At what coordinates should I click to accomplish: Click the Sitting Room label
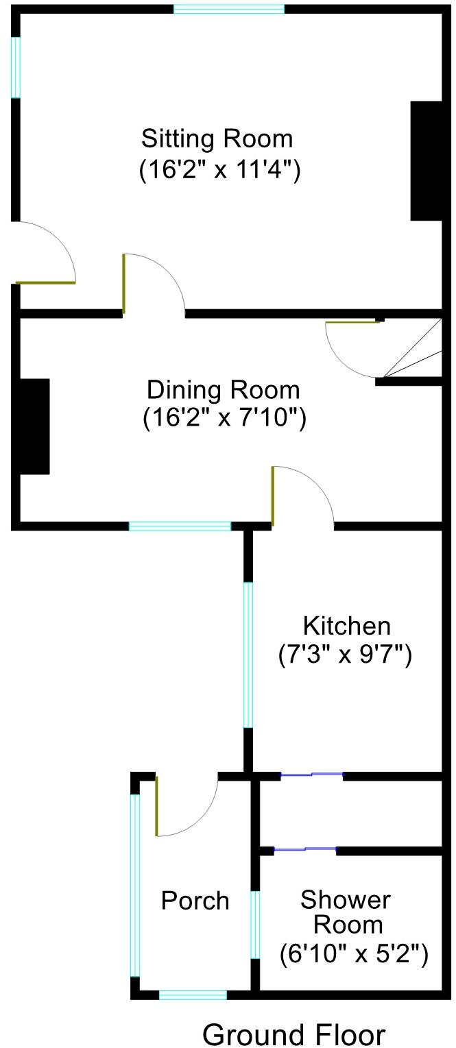pyautogui.click(x=217, y=138)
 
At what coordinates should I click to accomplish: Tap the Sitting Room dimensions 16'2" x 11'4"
pyautogui.click(x=219, y=169)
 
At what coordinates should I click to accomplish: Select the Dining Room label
pyautogui.click(x=224, y=390)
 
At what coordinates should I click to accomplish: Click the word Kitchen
pyautogui.click(x=346, y=626)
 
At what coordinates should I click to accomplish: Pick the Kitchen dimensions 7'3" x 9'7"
pyautogui.click(x=344, y=656)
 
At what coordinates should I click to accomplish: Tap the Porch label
pyautogui.click(x=195, y=900)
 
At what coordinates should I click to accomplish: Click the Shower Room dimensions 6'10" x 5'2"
pyautogui.click(x=354, y=953)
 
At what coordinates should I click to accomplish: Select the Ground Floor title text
pyautogui.click(x=293, y=1034)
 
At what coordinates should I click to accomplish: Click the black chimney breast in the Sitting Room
pyautogui.click(x=426, y=161)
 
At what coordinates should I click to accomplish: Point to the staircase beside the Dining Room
pyautogui.click(x=415, y=351)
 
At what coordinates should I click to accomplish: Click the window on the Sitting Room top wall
pyautogui.click(x=228, y=9)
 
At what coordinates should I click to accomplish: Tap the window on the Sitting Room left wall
pyautogui.click(x=16, y=67)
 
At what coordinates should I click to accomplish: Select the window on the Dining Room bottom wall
pyautogui.click(x=180, y=526)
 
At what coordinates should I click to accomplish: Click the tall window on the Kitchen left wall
pyautogui.click(x=248, y=655)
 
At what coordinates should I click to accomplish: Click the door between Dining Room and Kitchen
pyautogui.click(x=302, y=497)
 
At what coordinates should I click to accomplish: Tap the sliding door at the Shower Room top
pyautogui.click(x=305, y=851)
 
